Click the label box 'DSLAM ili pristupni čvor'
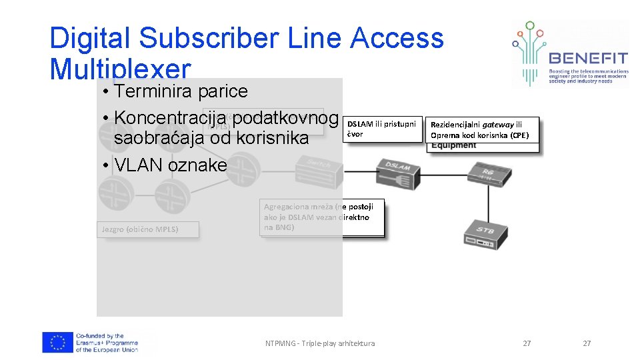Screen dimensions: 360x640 (x=382, y=129)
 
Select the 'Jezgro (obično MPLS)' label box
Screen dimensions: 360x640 (x=139, y=229)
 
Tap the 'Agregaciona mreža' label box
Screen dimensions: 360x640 (x=323, y=217)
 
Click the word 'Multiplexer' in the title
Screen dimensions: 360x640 (x=120, y=69)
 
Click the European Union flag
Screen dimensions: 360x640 (x=57, y=343)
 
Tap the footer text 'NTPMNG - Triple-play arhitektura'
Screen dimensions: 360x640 (x=319, y=343)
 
